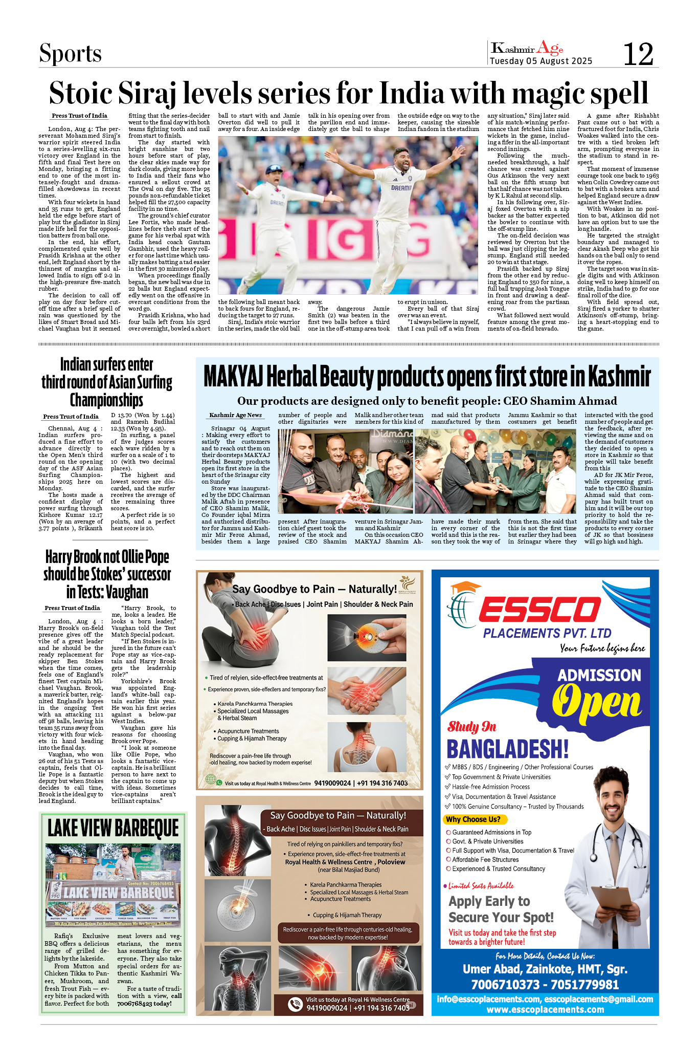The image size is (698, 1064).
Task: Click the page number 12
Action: click(638, 54)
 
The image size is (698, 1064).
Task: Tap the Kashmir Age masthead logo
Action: click(527, 49)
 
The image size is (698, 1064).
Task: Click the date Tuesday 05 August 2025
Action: click(541, 61)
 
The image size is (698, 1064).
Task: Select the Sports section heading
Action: click(71, 53)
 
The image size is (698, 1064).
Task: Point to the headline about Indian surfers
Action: click(106, 382)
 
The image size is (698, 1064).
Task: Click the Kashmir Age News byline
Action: click(235, 415)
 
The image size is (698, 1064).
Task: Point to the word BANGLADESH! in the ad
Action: click(507, 749)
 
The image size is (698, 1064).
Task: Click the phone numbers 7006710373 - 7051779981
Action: click(545, 984)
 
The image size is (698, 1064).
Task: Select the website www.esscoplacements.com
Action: click(545, 1009)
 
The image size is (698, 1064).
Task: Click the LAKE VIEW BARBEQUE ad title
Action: click(113, 828)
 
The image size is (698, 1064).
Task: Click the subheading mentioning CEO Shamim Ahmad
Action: click(427, 401)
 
